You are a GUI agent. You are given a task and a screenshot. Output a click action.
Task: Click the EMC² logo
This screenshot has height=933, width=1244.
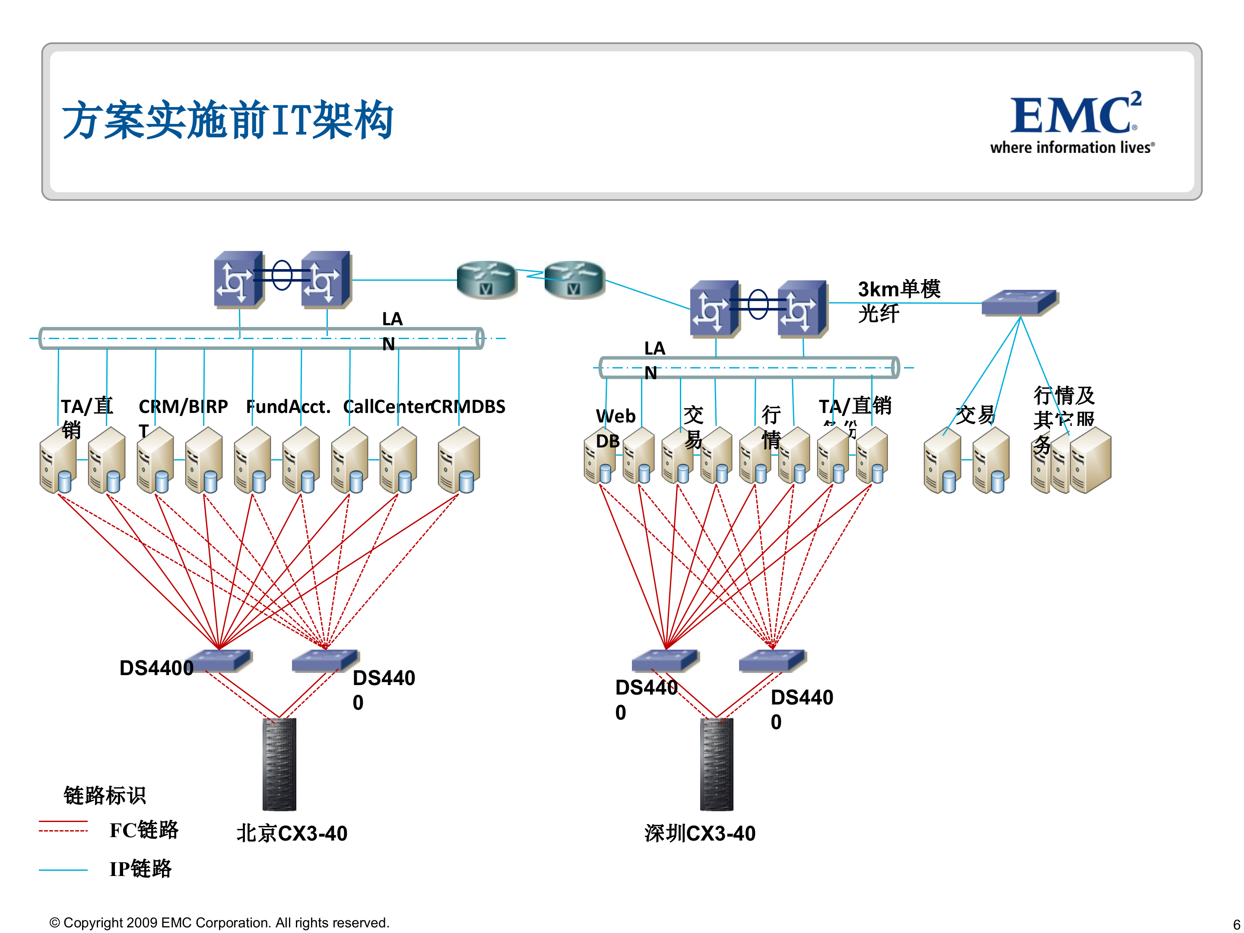pos(1073,121)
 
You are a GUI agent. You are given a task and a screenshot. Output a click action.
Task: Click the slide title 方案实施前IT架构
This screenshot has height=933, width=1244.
pos(227,119)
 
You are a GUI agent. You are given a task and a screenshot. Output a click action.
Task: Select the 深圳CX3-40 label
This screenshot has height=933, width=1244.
pos(700,833)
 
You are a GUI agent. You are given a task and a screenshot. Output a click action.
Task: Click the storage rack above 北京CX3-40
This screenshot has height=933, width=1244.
pos(279,764)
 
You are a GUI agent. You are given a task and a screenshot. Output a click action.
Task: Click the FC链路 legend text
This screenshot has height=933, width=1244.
pos(143,829)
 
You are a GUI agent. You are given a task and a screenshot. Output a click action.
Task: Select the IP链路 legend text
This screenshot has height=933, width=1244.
pos(140,868)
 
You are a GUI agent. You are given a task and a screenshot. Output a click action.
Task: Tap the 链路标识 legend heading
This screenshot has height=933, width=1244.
pos(105,795)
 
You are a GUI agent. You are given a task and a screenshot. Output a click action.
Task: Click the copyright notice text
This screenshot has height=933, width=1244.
pos(219,922)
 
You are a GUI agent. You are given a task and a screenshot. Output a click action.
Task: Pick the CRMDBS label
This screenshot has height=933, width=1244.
pos(469,406)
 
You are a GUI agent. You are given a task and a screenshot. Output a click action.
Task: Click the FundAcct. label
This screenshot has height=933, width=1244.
pos(288,406)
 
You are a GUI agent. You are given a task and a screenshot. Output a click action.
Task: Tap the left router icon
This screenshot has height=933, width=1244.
pos(486,279)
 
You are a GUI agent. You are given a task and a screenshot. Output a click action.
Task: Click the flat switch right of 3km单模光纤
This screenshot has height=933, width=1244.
pos(1020,302)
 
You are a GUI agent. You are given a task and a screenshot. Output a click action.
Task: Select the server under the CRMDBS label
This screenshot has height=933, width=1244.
pos(458,460)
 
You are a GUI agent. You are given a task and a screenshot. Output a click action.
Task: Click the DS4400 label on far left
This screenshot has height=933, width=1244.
pos(156,667)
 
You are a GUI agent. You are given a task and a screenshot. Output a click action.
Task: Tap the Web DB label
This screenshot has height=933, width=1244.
pos(615,428)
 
